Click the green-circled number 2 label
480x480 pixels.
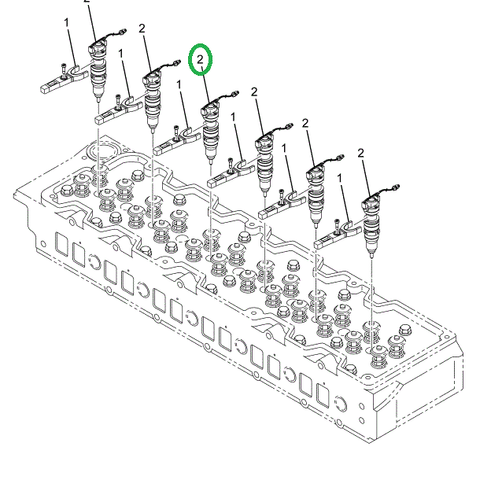pyautogui.click(x=201, y=61)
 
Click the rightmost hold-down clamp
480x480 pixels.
pyautogui.click(x=336, y=238)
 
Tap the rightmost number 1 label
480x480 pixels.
pyautogui.click(x=343, y=177)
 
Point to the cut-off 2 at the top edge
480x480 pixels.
pyautogui.click(x=88, y=2)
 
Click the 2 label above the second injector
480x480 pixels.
pyautogui.click(x=144, y=31)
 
